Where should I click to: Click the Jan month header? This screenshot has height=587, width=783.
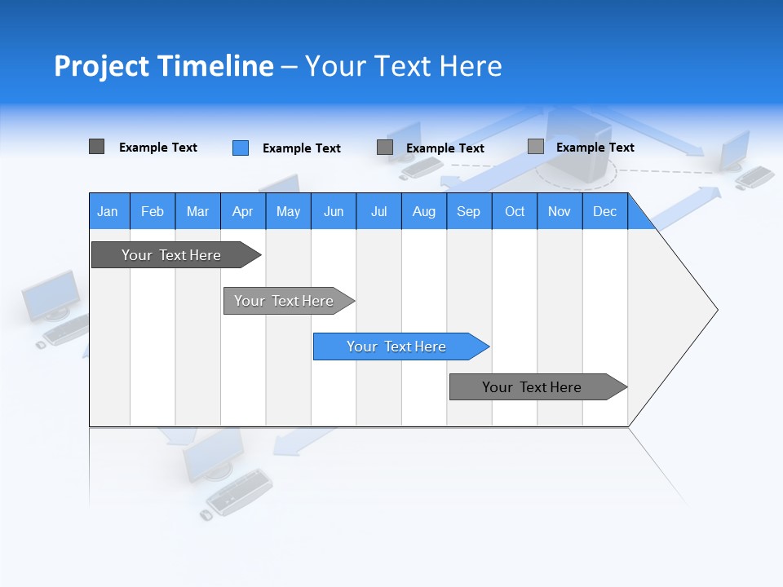click(108, 212)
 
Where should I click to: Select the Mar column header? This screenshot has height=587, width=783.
click(197, 212)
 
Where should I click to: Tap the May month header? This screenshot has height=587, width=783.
click(288, 212)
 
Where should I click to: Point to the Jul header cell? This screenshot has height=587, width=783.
click(378, 212)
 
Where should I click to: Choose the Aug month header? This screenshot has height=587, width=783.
click(423, 212)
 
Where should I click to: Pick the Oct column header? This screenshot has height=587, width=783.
click(515, 212)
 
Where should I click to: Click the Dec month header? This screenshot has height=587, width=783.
click(604, 212)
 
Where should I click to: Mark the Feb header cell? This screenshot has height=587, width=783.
click(153, 212)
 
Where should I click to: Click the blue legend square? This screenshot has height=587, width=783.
click(241, 148)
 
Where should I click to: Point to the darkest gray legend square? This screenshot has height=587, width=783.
click(96, 147)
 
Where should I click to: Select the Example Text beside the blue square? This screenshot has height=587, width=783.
click(301, 148)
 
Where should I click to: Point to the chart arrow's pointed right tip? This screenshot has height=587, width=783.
click(715, 310)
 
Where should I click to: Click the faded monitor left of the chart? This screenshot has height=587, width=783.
click(51, 296)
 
